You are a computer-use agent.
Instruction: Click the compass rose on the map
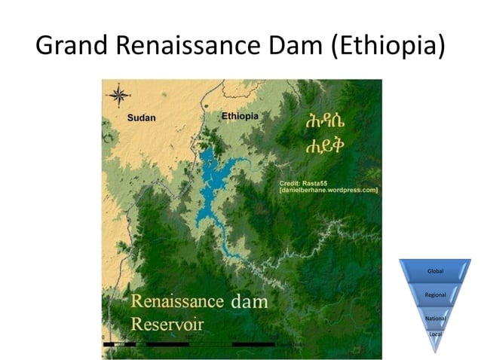click(x=118, y=96)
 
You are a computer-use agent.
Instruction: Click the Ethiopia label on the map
click(x=240, y=116)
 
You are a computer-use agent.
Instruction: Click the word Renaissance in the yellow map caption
click(x=178, y=301)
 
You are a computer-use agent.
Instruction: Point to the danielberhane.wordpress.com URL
click(x=328, y=191)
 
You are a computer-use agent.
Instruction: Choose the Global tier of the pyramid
click(x=436, y=270)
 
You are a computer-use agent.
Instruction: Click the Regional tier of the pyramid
click(x=436, y=294)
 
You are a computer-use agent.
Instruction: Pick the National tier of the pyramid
click(x=436, y=319)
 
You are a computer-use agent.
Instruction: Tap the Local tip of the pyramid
click(x=435, y=333)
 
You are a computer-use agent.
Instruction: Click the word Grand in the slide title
click(x=72, y=47)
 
